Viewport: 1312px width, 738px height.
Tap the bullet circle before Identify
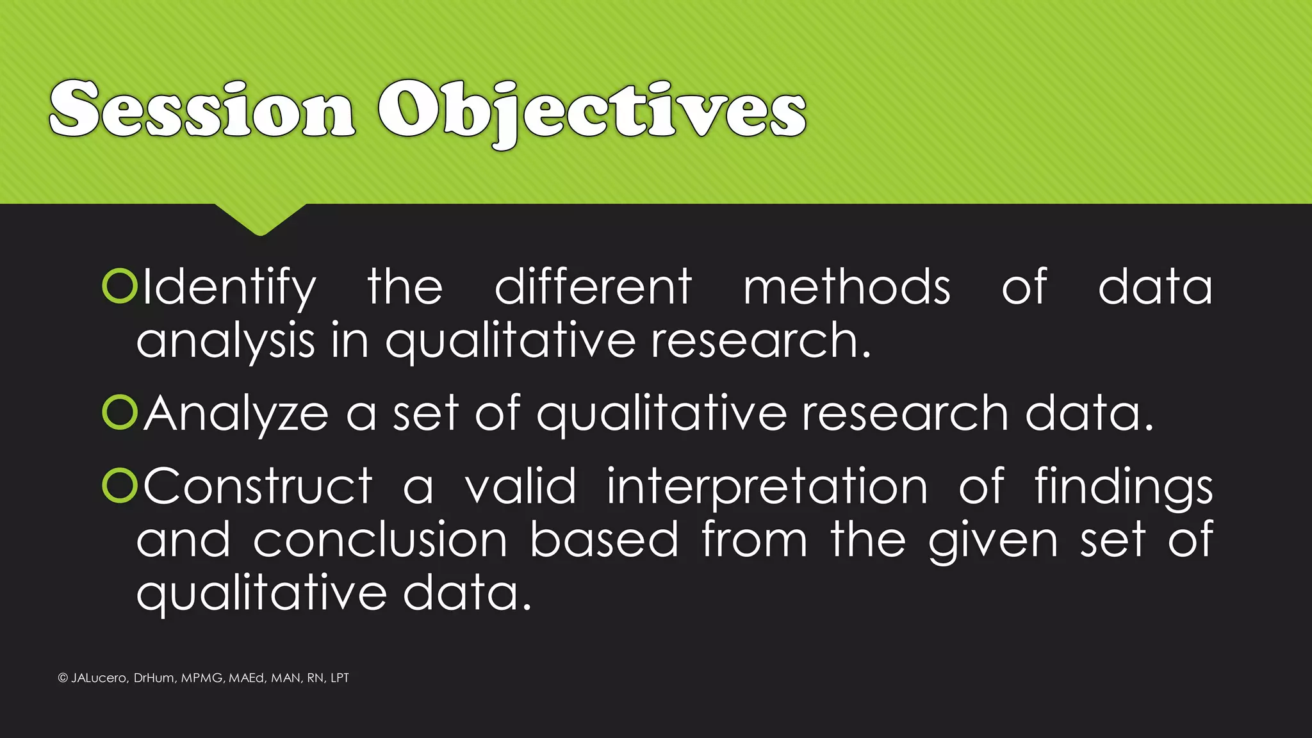coord(120,286)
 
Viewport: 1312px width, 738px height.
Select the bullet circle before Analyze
coord(120,413)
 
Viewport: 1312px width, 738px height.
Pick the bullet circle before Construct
coord(120,486)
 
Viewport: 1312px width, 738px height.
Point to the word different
coord(593,286)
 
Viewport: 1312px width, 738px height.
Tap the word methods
coord(847,286)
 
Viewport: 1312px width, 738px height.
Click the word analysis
coord(225,341)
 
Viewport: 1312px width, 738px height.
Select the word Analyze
coord(236,414)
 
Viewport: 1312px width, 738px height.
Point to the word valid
coord(520,486)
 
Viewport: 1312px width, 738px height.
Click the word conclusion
coord(381,540)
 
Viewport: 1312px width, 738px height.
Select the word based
coord(604,539)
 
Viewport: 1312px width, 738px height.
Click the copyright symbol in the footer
coord(63,678)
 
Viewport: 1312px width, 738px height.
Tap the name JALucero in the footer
coord(99,678)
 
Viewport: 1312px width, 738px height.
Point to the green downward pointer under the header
coord(260,218)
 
